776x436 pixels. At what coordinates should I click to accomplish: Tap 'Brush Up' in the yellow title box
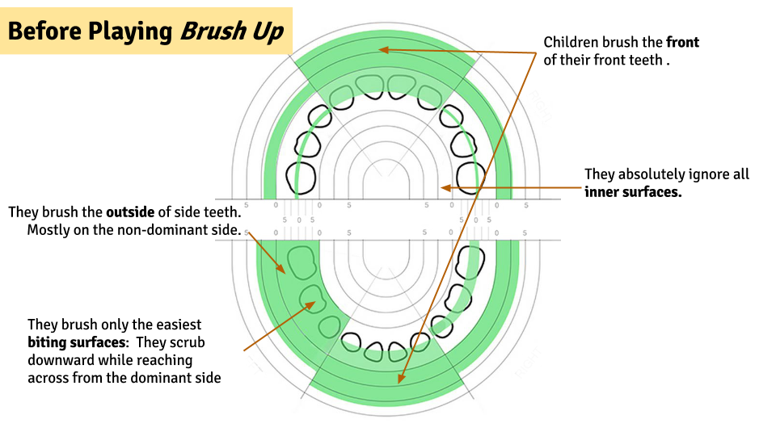pyautogui.click(x=232, y=31)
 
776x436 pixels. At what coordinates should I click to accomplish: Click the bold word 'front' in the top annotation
pyautogui.click(x=682, y=42)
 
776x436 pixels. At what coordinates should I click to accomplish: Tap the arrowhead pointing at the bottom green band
pyautogui.click(x=399, y=378)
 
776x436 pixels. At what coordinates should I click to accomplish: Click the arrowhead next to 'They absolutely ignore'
pyautogui.click(x=444, y=188)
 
